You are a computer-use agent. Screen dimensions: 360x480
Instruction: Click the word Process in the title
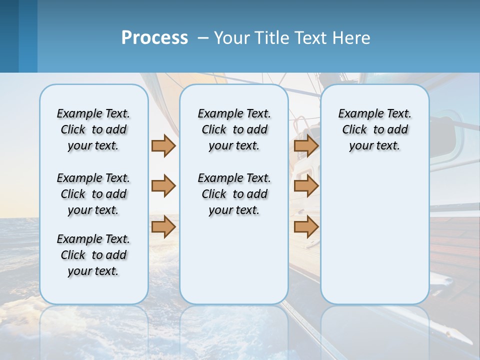point(154,37)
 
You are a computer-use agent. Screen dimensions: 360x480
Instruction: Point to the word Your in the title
point(232,38)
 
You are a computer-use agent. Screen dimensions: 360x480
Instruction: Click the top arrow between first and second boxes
point(163,146)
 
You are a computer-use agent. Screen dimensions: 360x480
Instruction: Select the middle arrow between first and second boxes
point(163,186)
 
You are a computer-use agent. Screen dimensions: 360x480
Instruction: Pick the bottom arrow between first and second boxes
point(163,226)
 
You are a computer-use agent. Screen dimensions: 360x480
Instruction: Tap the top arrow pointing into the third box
point(306,146)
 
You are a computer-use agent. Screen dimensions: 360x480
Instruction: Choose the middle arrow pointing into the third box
point(306,186)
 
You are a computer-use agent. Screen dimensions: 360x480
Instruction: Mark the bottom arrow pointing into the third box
point(306,226)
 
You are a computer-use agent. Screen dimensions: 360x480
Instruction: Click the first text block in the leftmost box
point(93,129)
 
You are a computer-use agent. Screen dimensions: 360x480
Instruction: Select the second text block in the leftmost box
point(93,194)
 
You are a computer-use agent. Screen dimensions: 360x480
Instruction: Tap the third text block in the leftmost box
point(93,255)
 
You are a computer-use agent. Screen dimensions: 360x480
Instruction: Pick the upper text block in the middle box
point(234,129)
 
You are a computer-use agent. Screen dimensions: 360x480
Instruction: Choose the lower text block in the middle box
point(234,194)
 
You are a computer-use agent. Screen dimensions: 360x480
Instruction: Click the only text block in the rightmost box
point(375,129)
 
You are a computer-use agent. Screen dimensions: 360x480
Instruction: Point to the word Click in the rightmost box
point(354,129)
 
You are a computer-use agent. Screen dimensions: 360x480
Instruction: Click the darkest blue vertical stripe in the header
point(9,36)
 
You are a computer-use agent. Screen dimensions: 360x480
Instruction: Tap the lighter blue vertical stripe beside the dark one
point(28,36)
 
